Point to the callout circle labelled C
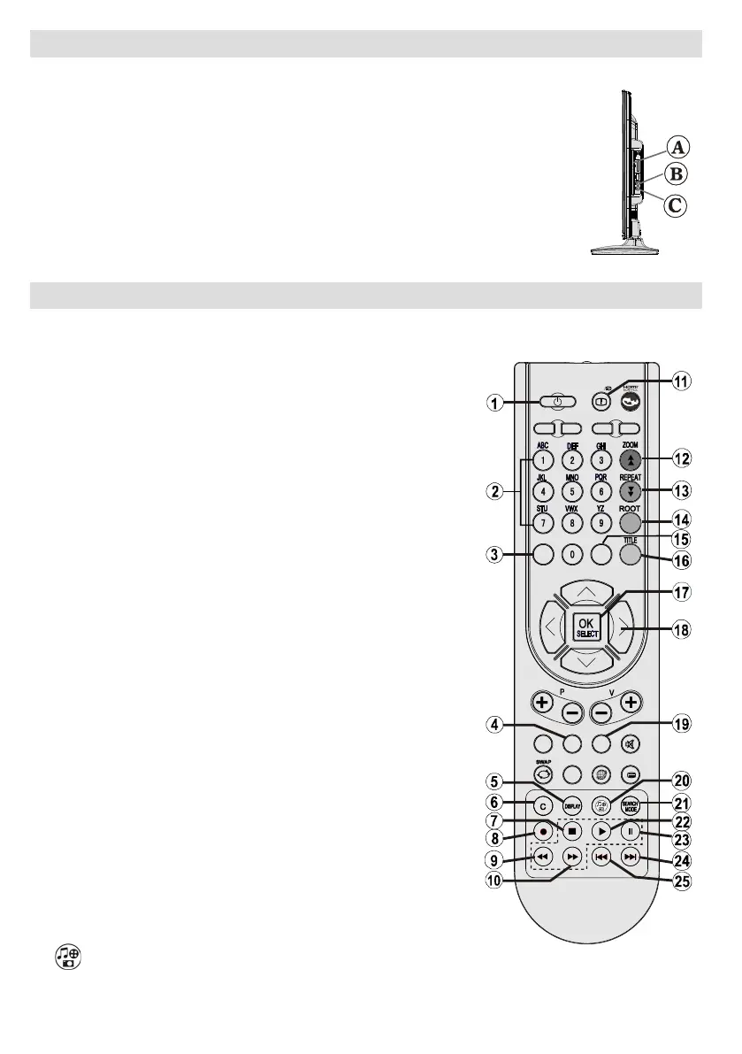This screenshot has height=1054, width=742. [675, 205]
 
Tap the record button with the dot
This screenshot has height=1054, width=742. [543, 833]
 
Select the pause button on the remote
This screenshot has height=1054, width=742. [630, 832]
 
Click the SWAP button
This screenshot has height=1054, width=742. [543, 772]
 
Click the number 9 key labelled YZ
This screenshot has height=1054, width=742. [600, 522]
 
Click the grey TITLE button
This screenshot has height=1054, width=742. [630, 554]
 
